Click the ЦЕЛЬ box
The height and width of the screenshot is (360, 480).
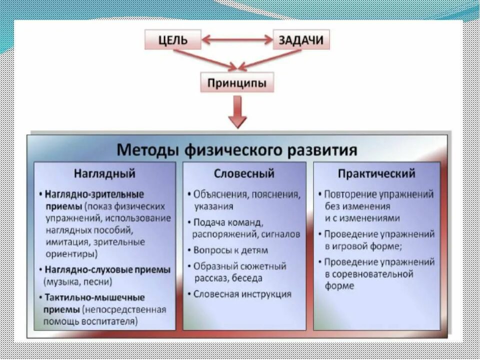click(173, 40)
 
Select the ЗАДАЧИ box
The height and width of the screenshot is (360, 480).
click(301, 40)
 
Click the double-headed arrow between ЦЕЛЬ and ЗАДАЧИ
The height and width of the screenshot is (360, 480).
click(237, 39)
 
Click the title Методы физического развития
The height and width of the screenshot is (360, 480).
click(237, 149)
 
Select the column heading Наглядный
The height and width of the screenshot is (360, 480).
click(104, 174)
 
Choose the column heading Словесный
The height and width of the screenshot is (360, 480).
click(244, 174)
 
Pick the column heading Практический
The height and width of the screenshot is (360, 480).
click(376, 174)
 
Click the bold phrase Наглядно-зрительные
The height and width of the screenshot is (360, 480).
click(94, 194)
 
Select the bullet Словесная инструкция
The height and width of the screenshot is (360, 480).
click(242, 294)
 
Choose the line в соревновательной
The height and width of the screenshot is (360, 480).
click(369, 274)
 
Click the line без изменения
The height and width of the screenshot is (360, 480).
click(357, 206)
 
